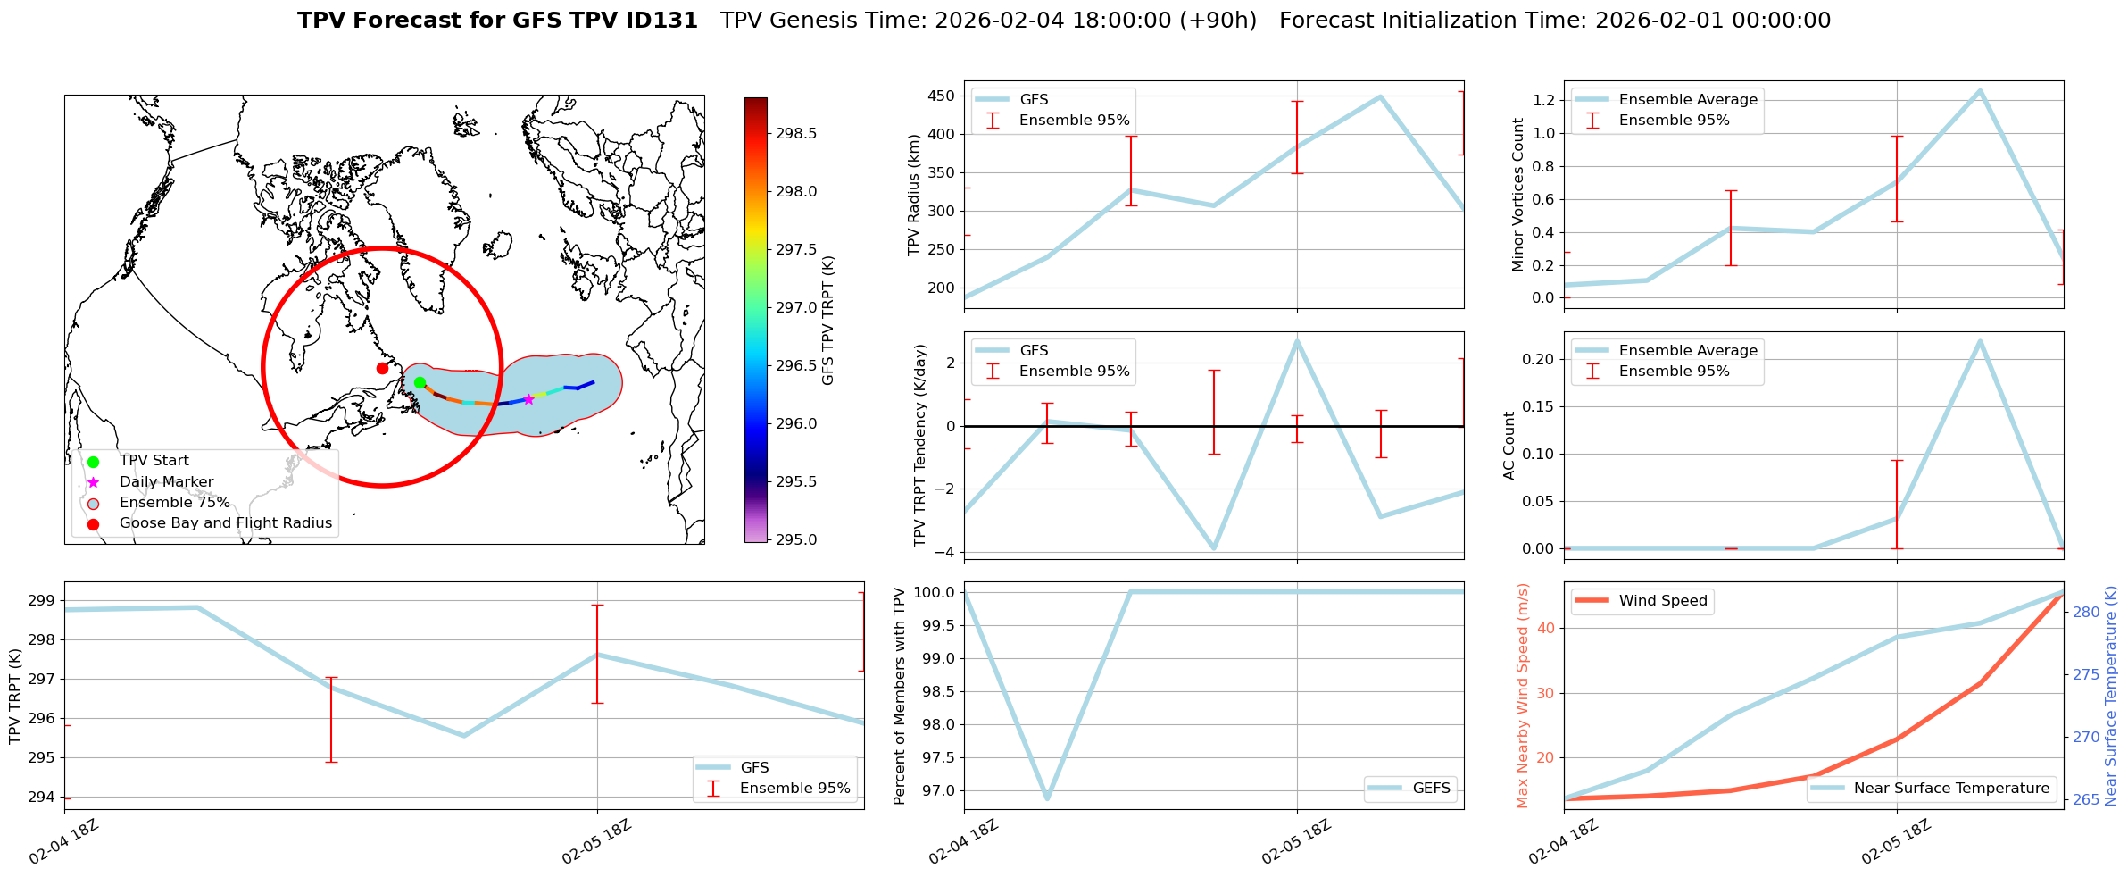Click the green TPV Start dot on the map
click(420, 383)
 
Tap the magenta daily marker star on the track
click(528, 399)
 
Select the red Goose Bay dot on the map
click(382, 368)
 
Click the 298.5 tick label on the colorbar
click(795, 134)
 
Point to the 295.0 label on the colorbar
click(795, 539)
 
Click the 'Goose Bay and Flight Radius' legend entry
click(225, 523)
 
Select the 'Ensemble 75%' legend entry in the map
click(174, 503)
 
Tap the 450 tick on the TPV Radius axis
click(942, 96)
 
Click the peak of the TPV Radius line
click(1380, 96)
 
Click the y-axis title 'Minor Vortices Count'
click(1517, 195)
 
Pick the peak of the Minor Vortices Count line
click(1980, 90)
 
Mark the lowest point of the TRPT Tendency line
click(1213, 548)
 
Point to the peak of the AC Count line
click(1980, 341)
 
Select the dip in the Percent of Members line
click(1047, 798)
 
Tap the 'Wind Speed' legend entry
click(1662, 601)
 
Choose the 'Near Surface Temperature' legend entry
click(1950, 789)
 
